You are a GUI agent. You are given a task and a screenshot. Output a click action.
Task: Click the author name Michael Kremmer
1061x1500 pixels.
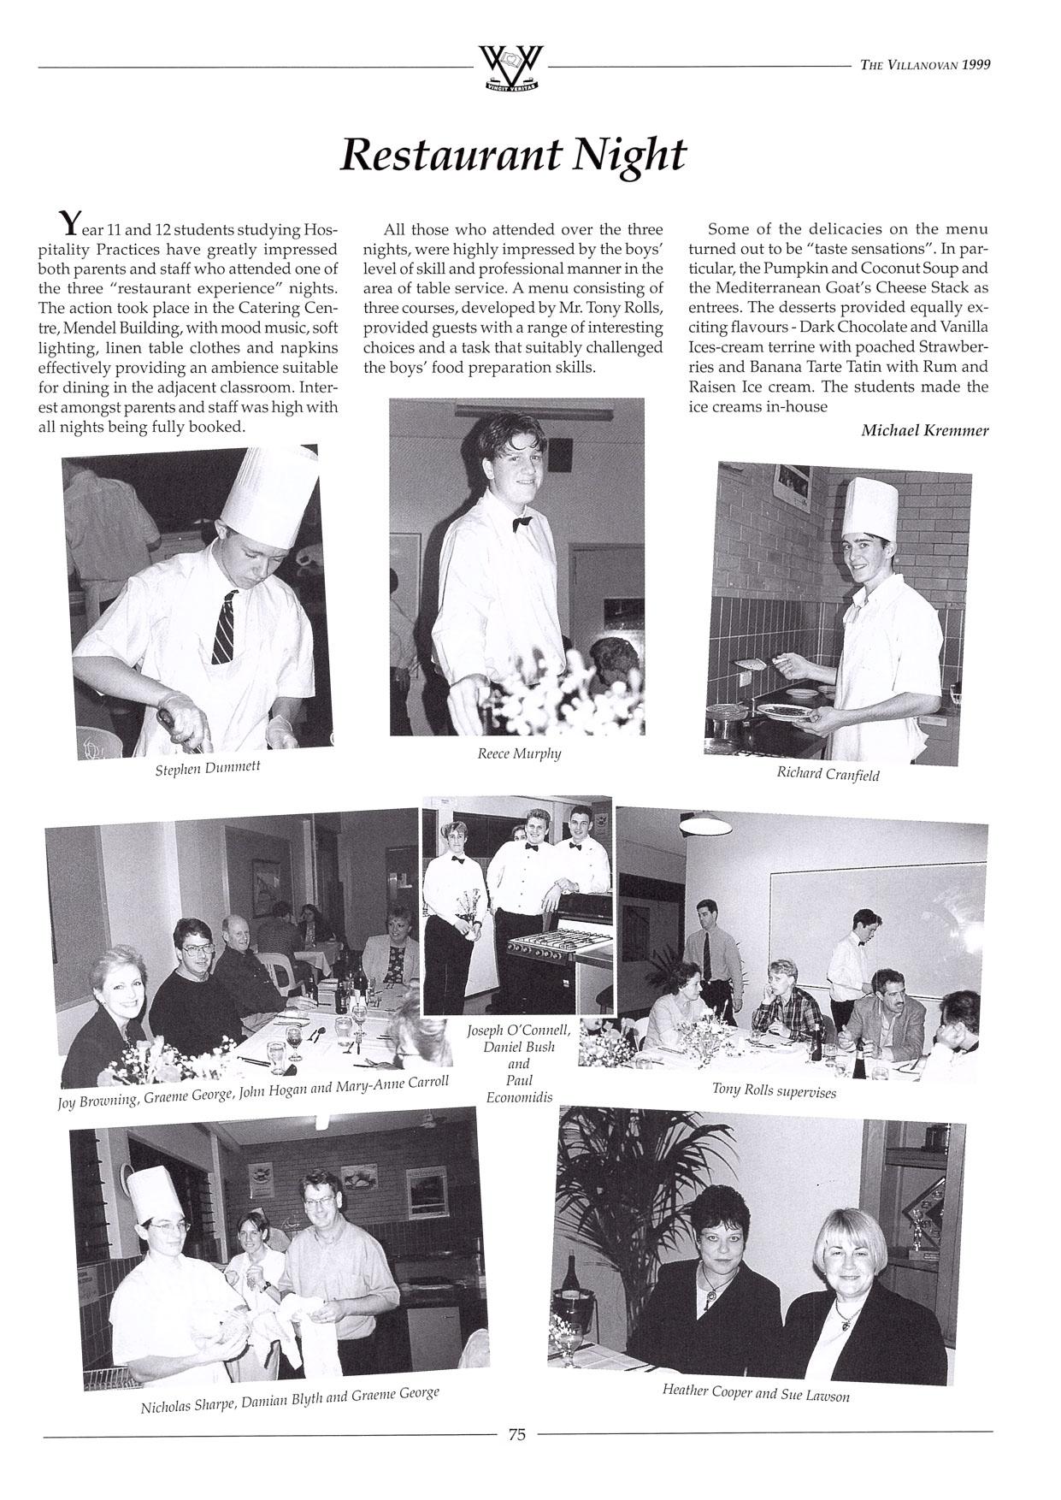pos(924,430)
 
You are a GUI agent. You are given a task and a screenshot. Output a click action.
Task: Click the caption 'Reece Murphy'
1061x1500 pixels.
pos(519,753)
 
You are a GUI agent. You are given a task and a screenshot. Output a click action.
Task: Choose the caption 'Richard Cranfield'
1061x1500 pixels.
pos(827,774)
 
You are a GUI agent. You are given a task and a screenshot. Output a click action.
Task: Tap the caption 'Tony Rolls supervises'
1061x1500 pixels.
pos(774,1090)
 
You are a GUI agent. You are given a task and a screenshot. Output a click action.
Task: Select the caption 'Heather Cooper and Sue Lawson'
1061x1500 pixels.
pos(756,1392)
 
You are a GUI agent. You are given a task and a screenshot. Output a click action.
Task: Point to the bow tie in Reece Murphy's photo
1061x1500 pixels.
pos(522,523)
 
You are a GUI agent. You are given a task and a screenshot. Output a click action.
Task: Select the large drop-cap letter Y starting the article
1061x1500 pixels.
pos(68,224)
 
